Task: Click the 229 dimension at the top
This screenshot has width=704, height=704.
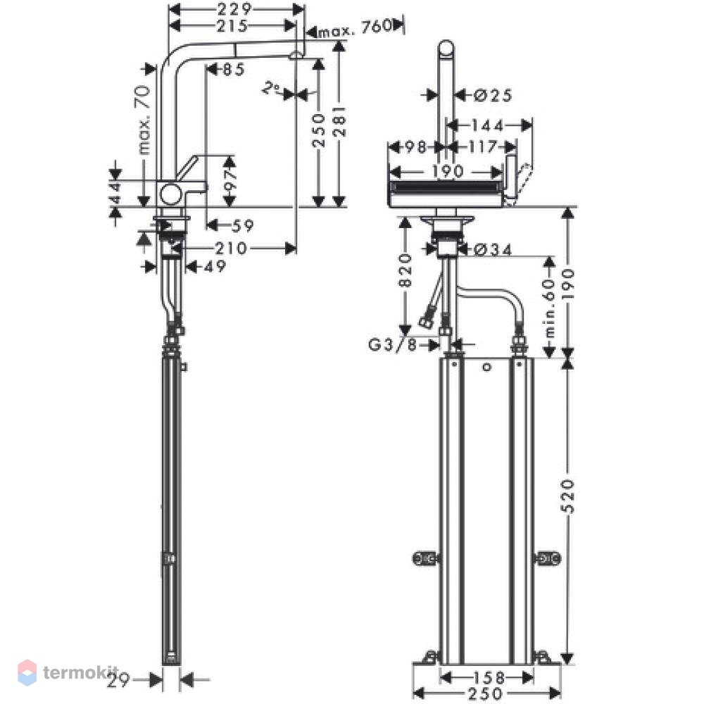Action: (234, 8)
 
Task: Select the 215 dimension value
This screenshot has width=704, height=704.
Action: (232, 26)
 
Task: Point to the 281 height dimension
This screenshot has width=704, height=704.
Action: (340, 121)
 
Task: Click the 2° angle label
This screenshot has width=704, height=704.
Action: (271, 88)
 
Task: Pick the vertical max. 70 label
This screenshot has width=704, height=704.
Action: (144, 120)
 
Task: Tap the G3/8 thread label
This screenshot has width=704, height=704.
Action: (392, 345)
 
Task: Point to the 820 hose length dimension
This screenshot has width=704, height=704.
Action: (405, 270)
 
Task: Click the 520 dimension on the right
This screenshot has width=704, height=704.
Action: (569, 496)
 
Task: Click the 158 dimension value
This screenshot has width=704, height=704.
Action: (489, 677)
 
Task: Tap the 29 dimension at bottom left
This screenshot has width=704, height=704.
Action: (118, 681)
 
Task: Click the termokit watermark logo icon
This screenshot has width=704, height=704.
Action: (27, 672)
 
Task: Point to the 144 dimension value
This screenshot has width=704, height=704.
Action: (486, 126)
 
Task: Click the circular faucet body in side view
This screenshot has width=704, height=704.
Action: (170, 195)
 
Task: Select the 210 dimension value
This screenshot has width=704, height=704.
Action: (231, 249)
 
